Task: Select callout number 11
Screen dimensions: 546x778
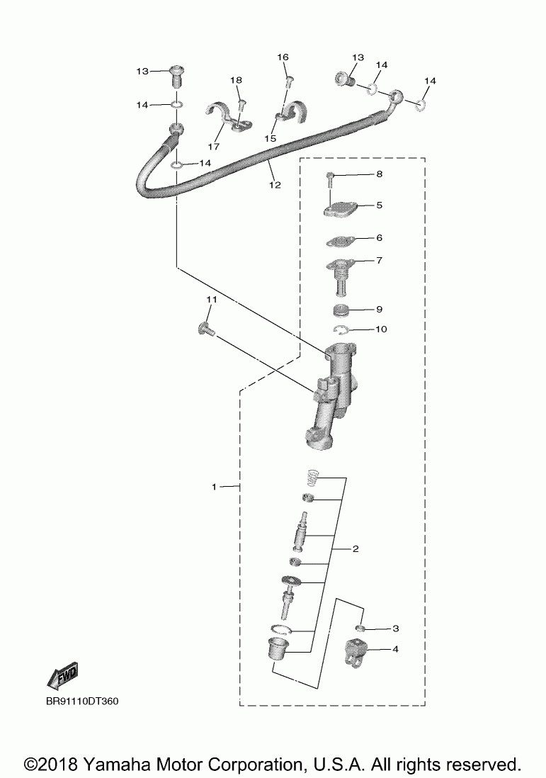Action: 210,300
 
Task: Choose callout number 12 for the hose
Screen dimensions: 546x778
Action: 275,185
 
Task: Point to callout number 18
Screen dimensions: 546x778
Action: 236,81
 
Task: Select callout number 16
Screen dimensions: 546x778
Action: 283,57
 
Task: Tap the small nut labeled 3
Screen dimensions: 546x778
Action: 360,627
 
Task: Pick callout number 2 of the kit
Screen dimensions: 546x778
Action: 356,548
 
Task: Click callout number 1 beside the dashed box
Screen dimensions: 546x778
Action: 214,487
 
